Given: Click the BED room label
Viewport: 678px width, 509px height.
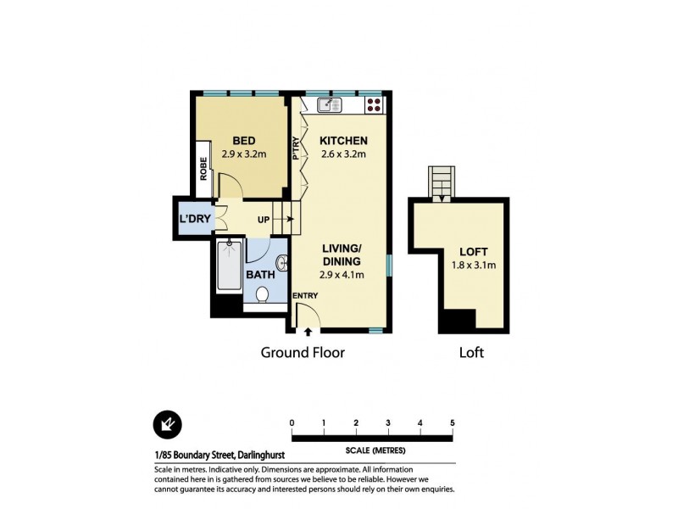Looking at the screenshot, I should [x=244, y=141].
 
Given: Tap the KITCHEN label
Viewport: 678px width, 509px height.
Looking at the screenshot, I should [x=343, y=141].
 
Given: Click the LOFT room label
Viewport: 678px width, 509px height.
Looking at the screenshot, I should [x=475, y=251].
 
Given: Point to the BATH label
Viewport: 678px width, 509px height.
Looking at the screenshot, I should [x=259, y=275].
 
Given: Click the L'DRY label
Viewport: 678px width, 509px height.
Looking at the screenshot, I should [x=193, y=219].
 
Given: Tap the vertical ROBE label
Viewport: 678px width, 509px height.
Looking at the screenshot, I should [x=204, y=170].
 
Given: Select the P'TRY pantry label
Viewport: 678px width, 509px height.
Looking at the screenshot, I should [x=296, y=150].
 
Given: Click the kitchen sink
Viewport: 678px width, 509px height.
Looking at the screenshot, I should [x=329, y=105].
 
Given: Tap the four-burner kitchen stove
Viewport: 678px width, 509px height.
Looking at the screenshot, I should [x=373, y=106].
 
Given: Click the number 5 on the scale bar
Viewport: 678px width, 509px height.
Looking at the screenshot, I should [x=453, y=422].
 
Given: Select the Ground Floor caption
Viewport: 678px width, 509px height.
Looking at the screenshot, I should [x=303, y=352].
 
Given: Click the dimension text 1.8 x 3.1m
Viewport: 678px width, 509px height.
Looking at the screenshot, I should [x=475, y=265].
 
